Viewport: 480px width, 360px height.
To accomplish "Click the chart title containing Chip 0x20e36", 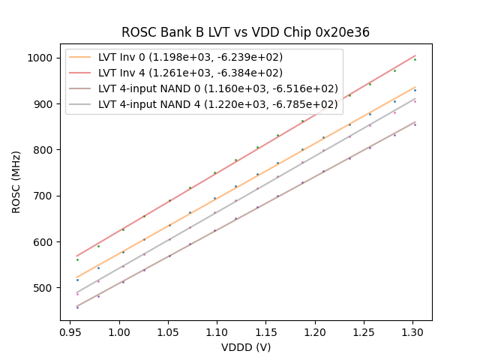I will point(245,32).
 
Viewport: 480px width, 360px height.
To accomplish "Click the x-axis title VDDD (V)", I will point(246,347).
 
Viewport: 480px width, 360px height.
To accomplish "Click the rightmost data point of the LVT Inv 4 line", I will point(415,59).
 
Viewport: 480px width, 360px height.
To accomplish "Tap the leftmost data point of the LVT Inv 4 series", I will point(77,259).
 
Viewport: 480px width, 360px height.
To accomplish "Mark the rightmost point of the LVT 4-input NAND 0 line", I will point(415,124).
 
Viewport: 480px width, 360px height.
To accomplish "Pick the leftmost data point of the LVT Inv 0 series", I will point(77,280).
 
